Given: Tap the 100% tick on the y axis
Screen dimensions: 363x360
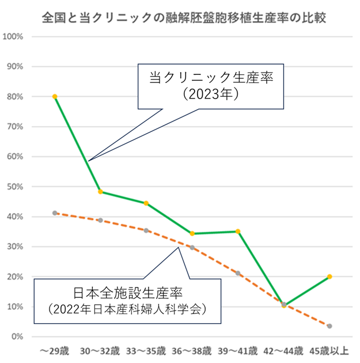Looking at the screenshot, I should pyautogui.click(x=13, y=36).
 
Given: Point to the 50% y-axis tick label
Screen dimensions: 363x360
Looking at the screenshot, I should pyautogui.click(x=14, y=187).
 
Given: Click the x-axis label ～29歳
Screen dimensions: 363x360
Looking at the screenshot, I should pyautogui.click(x=54, y=350).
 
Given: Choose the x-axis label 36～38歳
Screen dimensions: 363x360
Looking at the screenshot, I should pyautogui.click(x=192, y=350).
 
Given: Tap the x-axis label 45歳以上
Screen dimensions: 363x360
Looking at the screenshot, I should pyautogui.click(x=329, y=350).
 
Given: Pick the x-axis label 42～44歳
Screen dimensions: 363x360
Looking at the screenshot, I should pyautogui.click(x=283, y=350).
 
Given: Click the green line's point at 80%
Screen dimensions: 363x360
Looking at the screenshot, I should pyautogui.click(x=55, y=96).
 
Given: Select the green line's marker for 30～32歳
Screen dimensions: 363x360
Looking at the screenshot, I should pyautogui.click(x=100, y=192).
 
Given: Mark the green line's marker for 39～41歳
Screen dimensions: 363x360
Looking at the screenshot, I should pyautogui.click(x=237, y=232).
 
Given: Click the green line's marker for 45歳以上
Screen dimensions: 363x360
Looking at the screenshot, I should pyautogui.click(x=329, y=277).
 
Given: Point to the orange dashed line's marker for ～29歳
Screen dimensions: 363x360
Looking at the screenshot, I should pyautogui.click(x=55, y=213).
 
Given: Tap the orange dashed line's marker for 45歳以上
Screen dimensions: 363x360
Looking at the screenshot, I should pyautogui.click(x=329, y=326).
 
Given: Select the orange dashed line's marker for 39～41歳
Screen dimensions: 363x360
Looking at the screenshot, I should pyautogui.click(x=237, y=273).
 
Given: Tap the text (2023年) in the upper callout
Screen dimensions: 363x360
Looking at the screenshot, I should pyautogui.click(x=210, y=94).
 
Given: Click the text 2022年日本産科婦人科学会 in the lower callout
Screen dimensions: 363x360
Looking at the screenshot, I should pyautogui.click(x=128, y=308).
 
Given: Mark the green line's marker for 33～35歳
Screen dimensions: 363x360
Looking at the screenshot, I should pyautogui.click(x=146, y=203).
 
